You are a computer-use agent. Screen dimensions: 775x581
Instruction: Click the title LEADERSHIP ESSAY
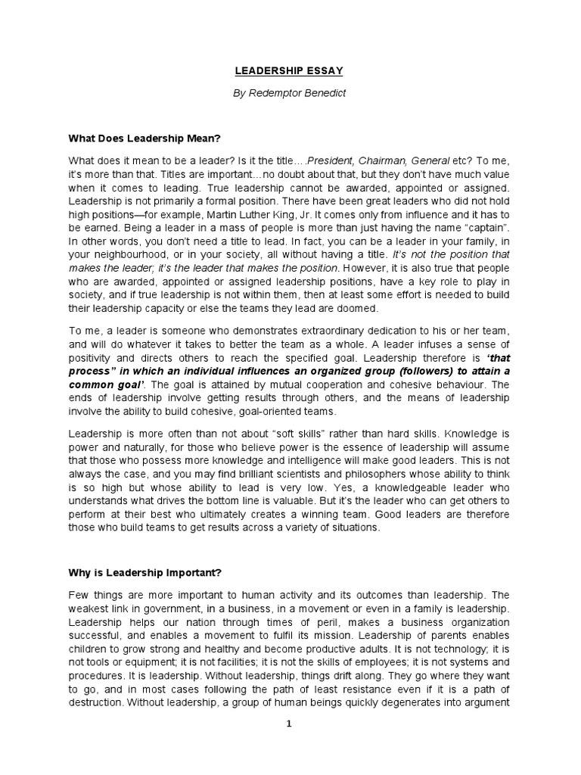point(290,70)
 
